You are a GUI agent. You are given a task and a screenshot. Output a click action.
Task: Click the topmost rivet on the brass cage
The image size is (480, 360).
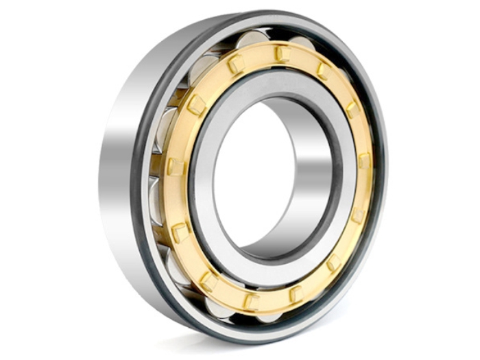(x=280, y=53)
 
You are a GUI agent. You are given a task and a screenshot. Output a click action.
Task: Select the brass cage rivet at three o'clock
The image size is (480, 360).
(x=364, y=162)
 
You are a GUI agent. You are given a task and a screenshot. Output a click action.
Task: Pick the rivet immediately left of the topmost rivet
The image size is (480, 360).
(x=236, y=64)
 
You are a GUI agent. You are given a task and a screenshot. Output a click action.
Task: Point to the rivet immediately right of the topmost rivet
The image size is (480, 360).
(x=322, y=69)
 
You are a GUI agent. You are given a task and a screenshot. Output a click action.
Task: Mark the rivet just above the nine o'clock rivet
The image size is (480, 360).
(x=197, y=104)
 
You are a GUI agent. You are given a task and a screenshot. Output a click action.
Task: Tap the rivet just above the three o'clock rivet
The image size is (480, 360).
(x=352, y=109)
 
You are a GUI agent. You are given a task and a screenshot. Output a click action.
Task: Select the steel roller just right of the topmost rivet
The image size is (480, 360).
(x=302, y=43)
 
